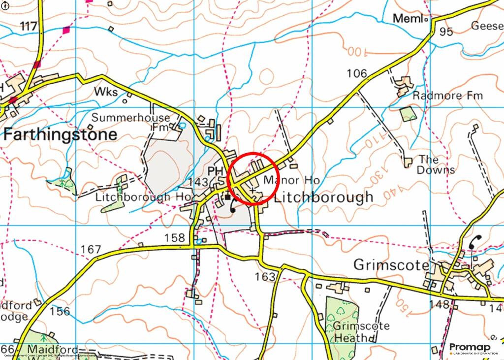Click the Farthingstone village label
[61, 134]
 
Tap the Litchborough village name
[323, 197]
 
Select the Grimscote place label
[391, 265]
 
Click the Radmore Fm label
[448, 96]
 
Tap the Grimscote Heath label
[361, 332]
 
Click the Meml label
[408, 19]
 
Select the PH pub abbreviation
[215, 171]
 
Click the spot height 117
[29, 26]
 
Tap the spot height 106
[356, 74]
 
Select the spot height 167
[91, 250]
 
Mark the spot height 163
[265, 277]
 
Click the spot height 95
[446, 32]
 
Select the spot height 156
[60, 311]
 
